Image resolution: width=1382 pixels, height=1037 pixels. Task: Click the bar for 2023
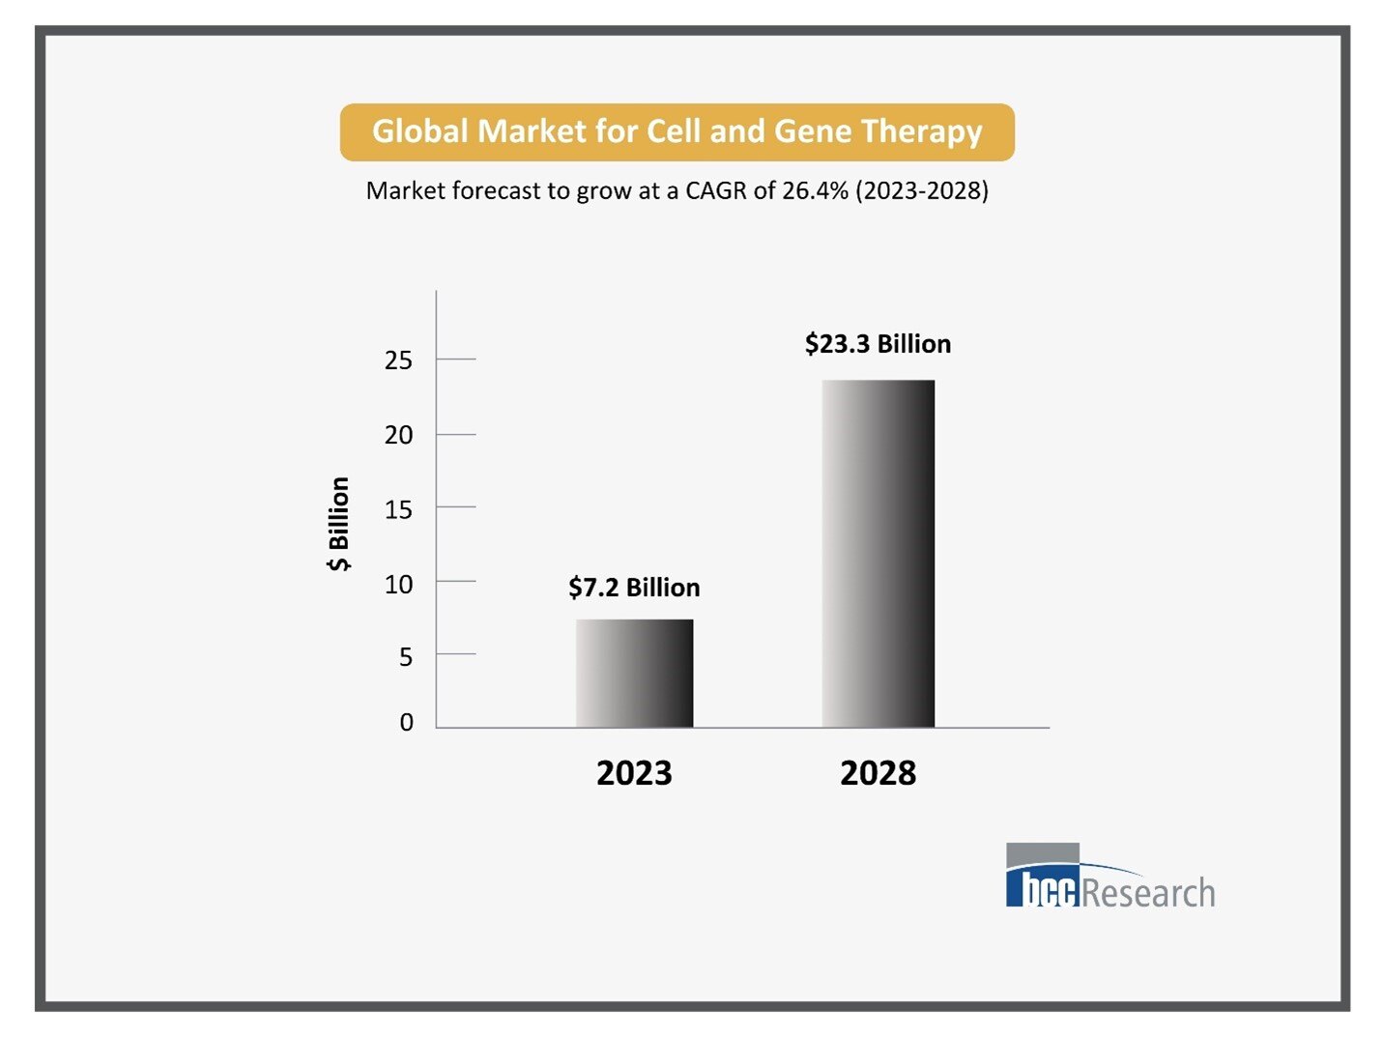coord(634,674)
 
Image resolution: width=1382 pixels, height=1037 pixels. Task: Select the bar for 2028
coord(878,554)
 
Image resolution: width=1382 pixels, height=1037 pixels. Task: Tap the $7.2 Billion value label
coord(634,588)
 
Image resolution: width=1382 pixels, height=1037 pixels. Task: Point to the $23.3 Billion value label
coord(878,344)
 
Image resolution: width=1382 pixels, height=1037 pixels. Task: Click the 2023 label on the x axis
coord(634,773)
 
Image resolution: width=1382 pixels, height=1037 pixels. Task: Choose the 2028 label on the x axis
coord(878,773)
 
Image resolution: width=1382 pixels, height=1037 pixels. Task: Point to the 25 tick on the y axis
coord(398,360)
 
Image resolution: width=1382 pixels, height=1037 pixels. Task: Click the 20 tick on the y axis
coord(398,435)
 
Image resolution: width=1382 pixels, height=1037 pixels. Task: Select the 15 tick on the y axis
coord(398,509)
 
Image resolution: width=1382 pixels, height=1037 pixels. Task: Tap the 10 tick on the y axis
coord(398,584)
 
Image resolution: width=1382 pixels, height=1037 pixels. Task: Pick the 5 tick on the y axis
coord(406,657)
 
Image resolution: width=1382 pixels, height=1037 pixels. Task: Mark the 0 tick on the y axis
coord(406,722)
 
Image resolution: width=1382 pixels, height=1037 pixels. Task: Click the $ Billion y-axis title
coord(339,524)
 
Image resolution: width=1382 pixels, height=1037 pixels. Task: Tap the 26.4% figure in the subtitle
coord(815,190)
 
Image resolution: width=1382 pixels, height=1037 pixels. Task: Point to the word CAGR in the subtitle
coord(716,190)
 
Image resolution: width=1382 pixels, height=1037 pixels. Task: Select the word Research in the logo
coord(1148,892)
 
